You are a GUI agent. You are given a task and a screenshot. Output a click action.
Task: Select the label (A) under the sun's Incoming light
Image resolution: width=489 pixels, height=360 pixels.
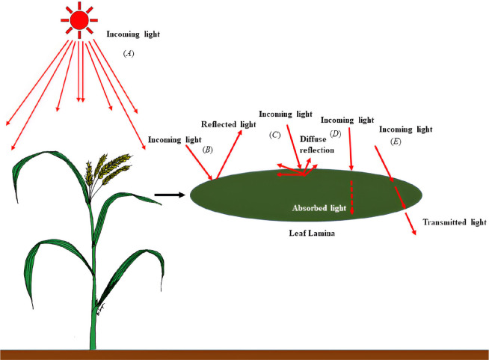click(126, 54)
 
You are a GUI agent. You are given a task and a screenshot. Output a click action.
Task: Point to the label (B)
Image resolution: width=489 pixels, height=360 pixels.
click(208, 150)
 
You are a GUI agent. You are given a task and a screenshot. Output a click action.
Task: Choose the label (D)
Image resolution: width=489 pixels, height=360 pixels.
click(335, 133)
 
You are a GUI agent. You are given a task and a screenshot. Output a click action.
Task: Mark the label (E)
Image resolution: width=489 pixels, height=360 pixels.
click(396, 141)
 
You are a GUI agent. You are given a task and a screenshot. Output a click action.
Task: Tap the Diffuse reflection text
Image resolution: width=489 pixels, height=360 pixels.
click(317, 144)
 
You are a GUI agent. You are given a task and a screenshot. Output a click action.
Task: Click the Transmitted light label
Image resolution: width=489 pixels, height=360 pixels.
click(455, 222)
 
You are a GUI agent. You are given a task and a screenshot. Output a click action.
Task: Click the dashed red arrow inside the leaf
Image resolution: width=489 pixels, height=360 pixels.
click(351, 195)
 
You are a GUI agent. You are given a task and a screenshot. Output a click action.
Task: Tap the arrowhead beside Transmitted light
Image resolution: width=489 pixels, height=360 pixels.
click(413, 231)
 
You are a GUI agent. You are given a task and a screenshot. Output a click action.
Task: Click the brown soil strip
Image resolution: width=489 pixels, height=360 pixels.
click(244, 354)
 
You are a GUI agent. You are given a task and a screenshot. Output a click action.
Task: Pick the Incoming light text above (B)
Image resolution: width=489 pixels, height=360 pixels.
click(174, 138)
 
